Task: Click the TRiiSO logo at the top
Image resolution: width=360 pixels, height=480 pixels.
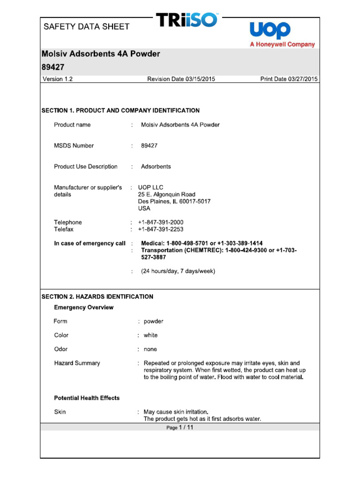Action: [187, 20]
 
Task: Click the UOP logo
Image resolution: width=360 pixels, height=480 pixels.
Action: [270, 30]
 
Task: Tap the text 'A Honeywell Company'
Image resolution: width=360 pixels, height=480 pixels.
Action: [282, 45]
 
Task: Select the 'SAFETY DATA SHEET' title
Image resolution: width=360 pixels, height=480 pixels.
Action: [86, 27]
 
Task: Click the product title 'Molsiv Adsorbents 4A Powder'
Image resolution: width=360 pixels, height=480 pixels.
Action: [101, 54]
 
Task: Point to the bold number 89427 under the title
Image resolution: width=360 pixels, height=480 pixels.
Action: [53, 67]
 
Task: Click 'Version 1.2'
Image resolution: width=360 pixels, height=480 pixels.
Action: [58, 79]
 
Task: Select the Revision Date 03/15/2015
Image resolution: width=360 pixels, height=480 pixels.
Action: [181, 79]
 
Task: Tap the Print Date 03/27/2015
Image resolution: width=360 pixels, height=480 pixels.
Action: [289, 79]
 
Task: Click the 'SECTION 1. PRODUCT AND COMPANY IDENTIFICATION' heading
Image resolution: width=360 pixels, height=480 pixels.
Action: [121, 111]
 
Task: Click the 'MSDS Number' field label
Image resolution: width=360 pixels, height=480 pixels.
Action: [74, 146]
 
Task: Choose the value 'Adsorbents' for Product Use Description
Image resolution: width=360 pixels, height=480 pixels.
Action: [156, 166]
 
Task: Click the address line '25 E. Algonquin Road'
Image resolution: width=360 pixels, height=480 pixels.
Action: [166, 195]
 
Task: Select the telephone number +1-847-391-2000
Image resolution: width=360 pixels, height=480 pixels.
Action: [161, 222]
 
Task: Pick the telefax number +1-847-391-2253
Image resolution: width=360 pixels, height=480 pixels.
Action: [161, 229]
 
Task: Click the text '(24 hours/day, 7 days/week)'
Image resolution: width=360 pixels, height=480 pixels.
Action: [178, 271]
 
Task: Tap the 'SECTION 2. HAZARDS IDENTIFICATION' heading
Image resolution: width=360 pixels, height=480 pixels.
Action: [97, 297]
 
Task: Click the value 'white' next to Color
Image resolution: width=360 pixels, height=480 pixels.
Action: [150, 335]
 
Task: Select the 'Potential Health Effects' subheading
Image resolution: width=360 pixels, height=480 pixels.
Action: [87, 398]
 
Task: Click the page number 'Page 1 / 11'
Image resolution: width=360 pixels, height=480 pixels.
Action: [180, 427]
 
